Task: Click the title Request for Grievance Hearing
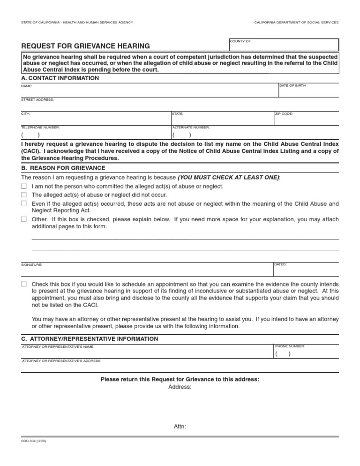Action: point(86,46)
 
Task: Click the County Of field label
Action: point(240,41)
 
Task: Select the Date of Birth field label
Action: point(292,86)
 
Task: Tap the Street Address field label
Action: point(37,99)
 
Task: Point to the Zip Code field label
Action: point(285,113)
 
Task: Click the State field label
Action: point(178,113)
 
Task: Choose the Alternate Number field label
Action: point(191,127)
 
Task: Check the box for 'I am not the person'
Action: point(24,186)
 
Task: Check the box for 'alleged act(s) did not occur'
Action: point(24,195)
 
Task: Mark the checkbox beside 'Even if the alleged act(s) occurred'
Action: point(24,203)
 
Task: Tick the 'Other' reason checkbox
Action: point(24,219)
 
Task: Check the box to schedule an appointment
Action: point(24,284)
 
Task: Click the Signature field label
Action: point(31,265)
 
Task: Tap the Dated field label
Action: point(281,264)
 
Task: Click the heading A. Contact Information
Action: point(60,78)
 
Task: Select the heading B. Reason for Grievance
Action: point(63,168)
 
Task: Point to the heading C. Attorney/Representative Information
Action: point(90,338)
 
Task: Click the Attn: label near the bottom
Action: point(180,426)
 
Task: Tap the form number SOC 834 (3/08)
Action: point(34,441)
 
